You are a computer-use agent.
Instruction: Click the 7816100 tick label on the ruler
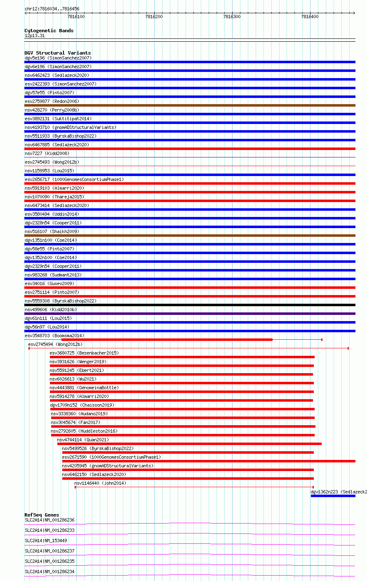point(76,17)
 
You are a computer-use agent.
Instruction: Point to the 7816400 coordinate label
point(310,17)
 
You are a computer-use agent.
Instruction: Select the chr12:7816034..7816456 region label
point(52,9)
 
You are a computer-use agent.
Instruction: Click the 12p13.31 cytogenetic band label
point(35,36)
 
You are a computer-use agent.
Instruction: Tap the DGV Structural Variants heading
point(57,53)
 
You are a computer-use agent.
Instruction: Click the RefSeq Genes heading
point(42,515)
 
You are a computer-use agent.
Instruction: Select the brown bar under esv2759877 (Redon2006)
point(190,105)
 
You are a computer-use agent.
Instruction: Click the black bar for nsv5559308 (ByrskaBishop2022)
point(190,305)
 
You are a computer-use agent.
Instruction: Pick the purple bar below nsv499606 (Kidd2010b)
point(190,314)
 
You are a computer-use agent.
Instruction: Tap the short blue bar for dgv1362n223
point(333,496)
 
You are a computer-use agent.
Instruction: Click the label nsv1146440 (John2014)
point(100,483)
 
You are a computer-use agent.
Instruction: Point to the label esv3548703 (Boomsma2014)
point(54,336)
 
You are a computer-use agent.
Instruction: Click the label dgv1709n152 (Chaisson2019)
point(82,405)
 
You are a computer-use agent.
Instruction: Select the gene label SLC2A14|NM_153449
point(46,541)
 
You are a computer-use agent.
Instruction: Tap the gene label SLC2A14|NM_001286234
point(49,571)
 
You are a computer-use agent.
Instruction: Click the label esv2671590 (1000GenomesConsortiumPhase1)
point(111,457)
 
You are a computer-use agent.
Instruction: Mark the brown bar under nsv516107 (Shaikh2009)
point(190,236)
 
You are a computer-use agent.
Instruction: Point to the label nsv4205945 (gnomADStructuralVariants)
point(108,466)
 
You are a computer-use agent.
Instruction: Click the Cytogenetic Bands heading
point(49,31)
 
